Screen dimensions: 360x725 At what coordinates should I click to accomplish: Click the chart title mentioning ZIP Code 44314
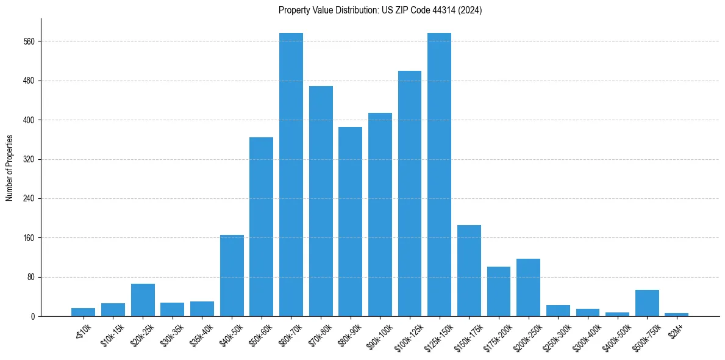pyautogui.click(x=380, y=10)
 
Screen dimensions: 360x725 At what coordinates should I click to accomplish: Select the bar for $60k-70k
pyautogui.click(x=291, y=175)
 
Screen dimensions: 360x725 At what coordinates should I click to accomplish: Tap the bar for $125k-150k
pyautogui.click(x=439, y=175)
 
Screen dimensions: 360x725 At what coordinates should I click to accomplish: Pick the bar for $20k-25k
pyautogui.click(x=143, y=300)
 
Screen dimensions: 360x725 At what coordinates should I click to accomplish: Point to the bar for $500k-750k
pyautogui.click(x=647, y=303)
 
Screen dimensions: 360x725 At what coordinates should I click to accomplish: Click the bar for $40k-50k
pyautogui.click(x=232, y=276)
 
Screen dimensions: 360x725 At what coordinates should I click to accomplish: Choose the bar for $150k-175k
pyautogui.click(x=469, y=271)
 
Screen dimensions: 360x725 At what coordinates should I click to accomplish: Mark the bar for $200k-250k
pyautogui.click(x=528, y=287)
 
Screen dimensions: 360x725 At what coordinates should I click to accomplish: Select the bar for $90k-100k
pyautogui.click(x=380, y=215)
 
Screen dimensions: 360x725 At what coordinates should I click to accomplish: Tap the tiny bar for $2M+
pyautogui.click(x=677, y=315)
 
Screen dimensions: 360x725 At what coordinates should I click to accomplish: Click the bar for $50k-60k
pyautogui.click(x=262, y=227)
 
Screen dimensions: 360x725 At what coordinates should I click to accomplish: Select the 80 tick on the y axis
pyautogui.click(x=32, y=277)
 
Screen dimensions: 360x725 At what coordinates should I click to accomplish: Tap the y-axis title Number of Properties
pyautogui.click(x=10, y=168)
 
